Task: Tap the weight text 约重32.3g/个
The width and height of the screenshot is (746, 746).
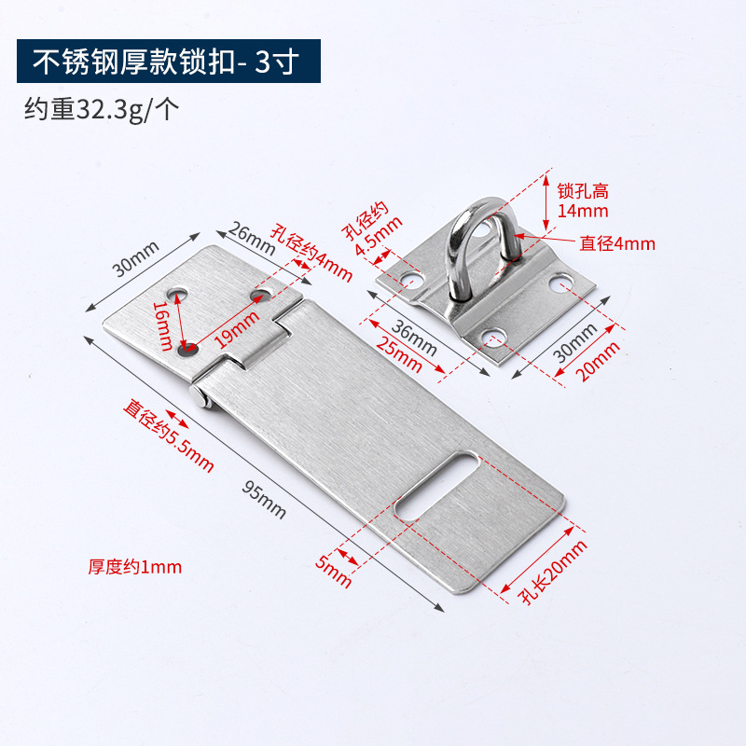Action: point(102,110)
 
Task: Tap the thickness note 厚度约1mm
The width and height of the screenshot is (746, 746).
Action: point(135,566)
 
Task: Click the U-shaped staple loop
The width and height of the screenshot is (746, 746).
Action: point(479,246)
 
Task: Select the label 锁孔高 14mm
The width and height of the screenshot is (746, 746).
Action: point(582,200)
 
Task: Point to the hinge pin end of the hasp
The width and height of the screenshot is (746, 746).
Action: point(200,395)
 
